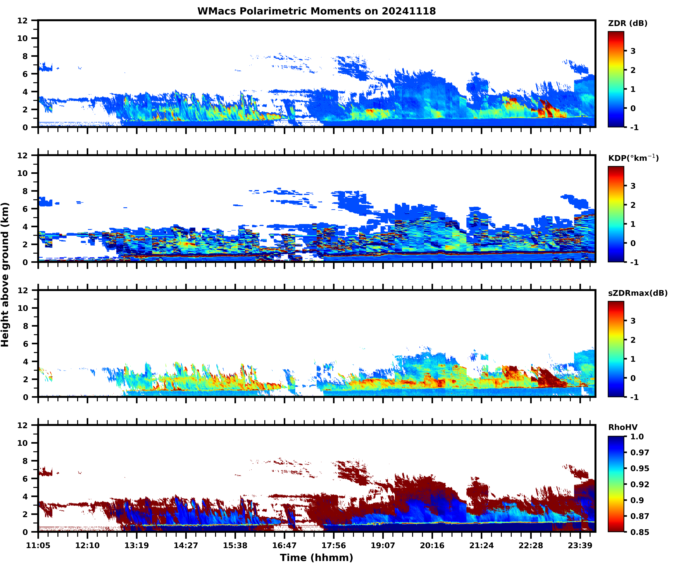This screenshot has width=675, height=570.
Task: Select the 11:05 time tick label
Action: (x=38, y=545)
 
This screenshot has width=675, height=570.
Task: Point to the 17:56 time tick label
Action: (x=334, y=545)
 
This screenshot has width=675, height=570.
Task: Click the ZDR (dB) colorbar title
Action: (x=627, y=23)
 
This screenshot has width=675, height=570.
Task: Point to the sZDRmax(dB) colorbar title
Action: (x=637, y=293)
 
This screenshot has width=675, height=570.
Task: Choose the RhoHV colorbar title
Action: (x=623, y=427)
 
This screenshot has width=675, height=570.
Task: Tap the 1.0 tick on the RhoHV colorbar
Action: (x=637, y=436)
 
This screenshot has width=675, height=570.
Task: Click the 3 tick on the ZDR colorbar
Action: (x=633, y=51)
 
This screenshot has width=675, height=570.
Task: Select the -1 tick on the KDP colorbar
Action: (x=634, y=262)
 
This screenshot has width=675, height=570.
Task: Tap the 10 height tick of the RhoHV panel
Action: (x=23, y=443)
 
